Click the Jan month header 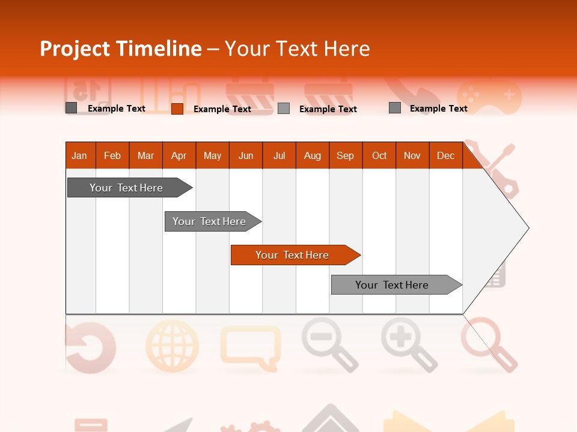[79, 155]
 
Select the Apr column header [179, 155]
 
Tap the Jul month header [279, 155]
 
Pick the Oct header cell [379, 155]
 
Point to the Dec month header [445, 155]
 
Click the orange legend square [177, 109]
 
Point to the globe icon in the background [172, 345]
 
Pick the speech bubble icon [250, 345]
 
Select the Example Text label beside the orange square [222, 109]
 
